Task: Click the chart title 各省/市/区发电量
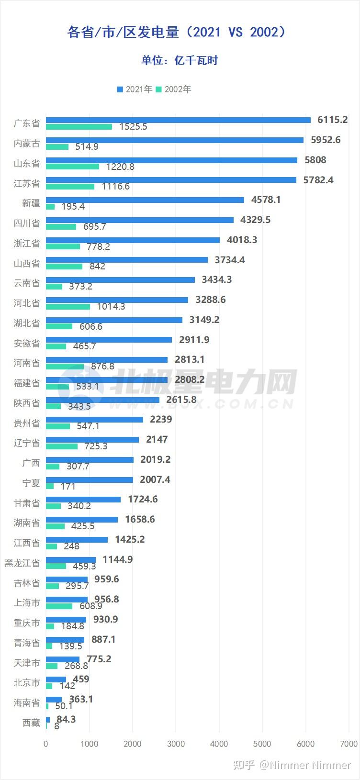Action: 177,32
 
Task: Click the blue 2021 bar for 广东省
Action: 178,120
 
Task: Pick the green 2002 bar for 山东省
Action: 72,167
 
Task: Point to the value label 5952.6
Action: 326,140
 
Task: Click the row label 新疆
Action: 31,203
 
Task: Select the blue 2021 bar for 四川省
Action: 140,220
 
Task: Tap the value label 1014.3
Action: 111,306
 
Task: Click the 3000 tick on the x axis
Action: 176,744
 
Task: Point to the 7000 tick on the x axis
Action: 349,744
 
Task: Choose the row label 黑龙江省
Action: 22,563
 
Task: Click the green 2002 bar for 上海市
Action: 59,606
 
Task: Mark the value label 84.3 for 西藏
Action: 66,719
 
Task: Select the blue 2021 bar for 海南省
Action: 54,700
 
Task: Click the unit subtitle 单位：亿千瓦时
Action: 180,60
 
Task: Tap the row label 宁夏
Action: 31,483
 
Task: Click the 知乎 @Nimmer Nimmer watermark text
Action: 292,765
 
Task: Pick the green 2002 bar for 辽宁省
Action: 62,446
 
